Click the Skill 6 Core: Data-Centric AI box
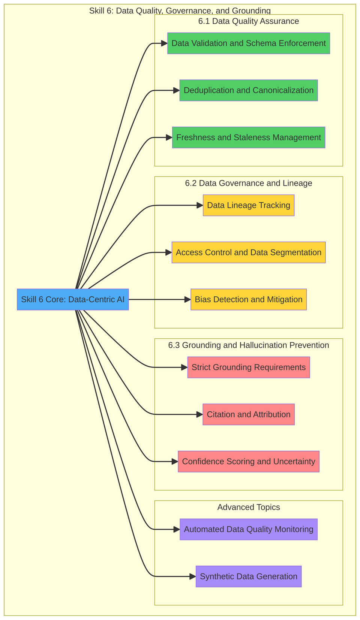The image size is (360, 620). [x=73, y=299]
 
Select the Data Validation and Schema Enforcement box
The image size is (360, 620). [x=248, y=43]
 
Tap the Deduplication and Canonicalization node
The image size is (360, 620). [x=248, y=90]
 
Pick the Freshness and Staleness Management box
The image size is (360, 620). [x=248, y=137]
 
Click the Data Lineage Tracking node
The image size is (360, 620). [x=248, y=205]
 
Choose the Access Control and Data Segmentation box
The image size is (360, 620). [x=248, y=252]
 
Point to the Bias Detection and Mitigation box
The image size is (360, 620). [x=248, y=299]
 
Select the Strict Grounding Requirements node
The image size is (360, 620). [x=248, y=367]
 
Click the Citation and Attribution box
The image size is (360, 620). [x=248, y=414]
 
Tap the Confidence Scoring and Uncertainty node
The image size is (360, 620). [x=248, y=462]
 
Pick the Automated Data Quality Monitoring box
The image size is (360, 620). [x=248, y=529]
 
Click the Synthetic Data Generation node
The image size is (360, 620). [x=248, y=577]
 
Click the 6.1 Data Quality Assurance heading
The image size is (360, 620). [x=248, y=21]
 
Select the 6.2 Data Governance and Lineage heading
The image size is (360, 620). [x=248, y=183]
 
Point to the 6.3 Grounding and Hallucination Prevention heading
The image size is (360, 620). [x=248, y=345]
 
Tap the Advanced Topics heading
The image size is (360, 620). [x=248, y=507]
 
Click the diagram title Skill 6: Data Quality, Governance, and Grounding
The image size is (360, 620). [x=180, y=10]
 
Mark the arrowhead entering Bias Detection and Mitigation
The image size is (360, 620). [x=188, y=299]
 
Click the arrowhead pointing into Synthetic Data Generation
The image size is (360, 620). [x=193, y=577]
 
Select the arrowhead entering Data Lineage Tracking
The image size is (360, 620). [x=200, y=205]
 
